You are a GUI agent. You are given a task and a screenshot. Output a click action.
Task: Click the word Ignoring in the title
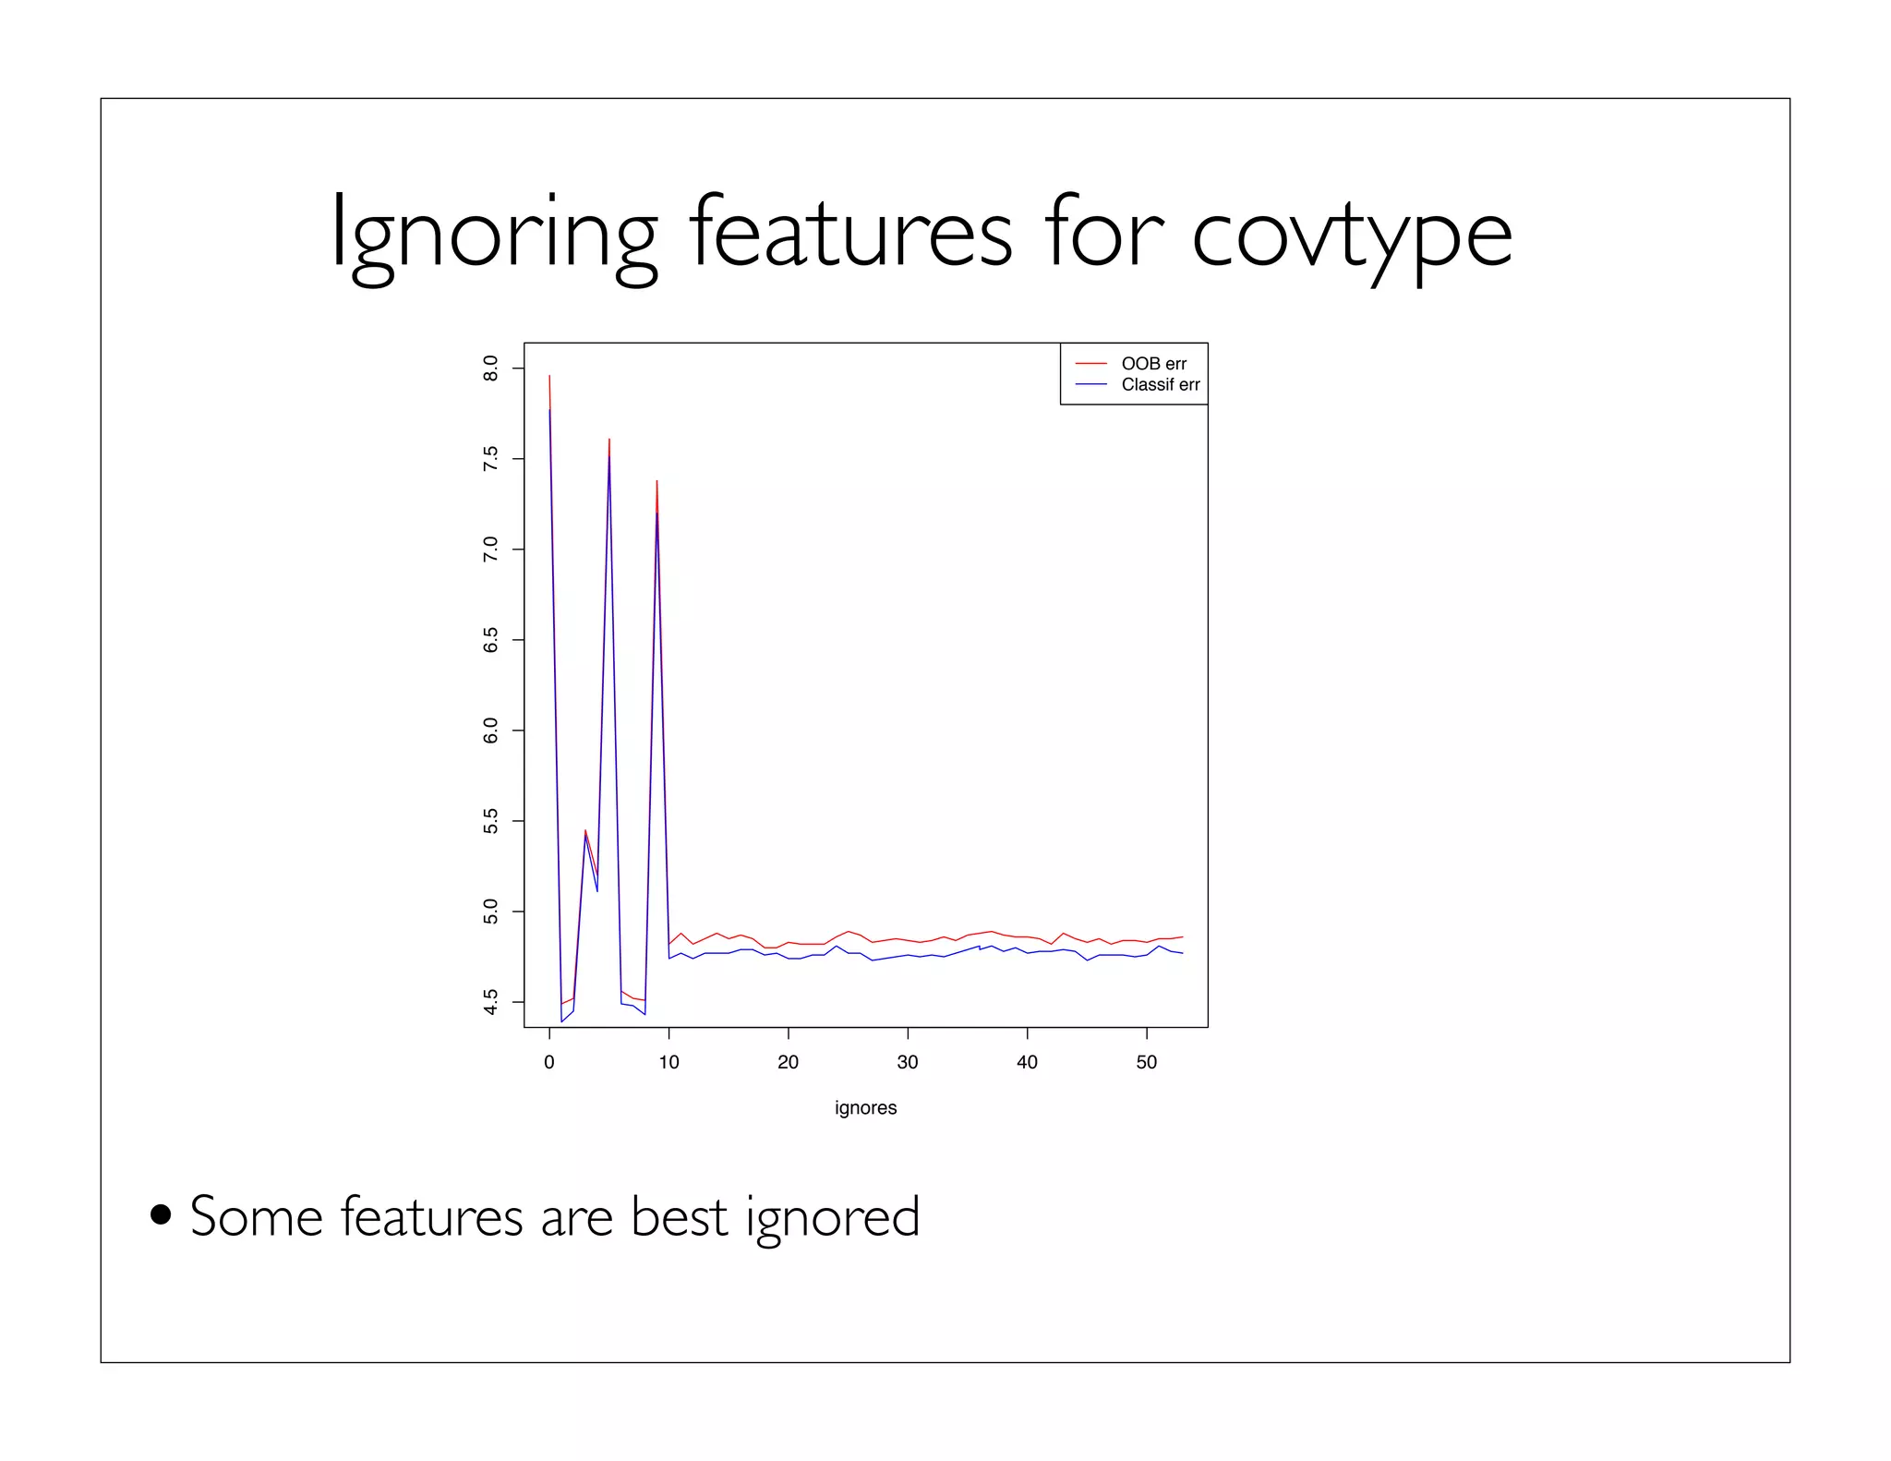click(493, 235)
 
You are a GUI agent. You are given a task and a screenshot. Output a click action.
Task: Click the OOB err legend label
click(1153, 364)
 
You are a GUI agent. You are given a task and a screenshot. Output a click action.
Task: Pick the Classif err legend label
click(1160, 385)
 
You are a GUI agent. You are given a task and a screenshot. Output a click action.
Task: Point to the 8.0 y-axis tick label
click(490, 368)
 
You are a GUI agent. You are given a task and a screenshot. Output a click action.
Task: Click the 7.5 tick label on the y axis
click(490, 459)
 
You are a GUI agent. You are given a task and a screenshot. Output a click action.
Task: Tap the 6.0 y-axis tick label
click(490, 730)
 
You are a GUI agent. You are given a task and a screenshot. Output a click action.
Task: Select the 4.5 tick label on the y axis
click(490, 1002)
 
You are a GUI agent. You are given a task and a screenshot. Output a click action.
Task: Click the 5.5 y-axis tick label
click(490, 821)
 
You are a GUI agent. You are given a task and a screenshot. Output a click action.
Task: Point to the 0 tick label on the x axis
click(549, 1062)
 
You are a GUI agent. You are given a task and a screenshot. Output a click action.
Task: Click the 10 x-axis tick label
click(668, 1062)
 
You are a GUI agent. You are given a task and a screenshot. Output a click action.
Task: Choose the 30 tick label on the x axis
click(908, 1062)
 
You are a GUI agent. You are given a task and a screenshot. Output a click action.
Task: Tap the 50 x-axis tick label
click(1146, 1062)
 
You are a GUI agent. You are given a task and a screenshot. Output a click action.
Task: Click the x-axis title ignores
click(865, 1107)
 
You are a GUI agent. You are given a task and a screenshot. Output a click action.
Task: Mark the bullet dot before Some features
click(161, 1213)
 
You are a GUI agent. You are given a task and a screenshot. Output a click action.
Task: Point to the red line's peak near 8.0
click(549, 376)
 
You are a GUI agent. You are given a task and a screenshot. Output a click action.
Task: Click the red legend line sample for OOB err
click(1090, 364)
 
